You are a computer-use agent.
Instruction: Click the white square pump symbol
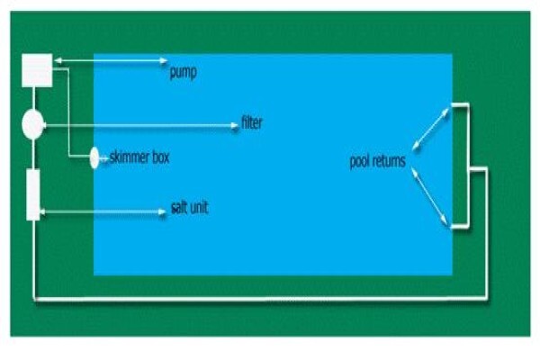pyautogui.click(x=37, y=70)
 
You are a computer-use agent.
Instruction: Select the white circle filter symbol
pyautogui.click(x=32, y=124)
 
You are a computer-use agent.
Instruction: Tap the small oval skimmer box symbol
pyautogui.click(x=94, y=157)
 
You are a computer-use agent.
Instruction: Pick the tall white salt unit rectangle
pyautogui.click(x=33, y=194)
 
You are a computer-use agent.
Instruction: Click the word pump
pyautogui.click(x=184, y=72)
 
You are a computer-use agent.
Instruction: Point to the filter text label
pyautogui.click(x=252, y=122)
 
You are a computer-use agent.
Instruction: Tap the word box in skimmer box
pyautogui.click(x=158, y=157)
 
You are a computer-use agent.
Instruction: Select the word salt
pyautogui.click(x=179, y=208)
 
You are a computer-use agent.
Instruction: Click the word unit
pyautogui.click(x=199, y=208)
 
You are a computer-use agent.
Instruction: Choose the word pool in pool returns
pyautogui.click(x=359, y=161)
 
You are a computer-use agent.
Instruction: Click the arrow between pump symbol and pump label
pyautogui.click(x=111, y=61)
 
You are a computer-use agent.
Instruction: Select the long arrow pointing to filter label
pyautogui.click(x=141, y=126)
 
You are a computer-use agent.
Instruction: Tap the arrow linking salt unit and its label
pyautogui.click(x=103, y=211)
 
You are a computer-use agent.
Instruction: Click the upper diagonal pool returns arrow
pyautogui.click(x=430, y=129)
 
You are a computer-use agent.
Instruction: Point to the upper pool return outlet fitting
pyautogui.click(x=460, y=105)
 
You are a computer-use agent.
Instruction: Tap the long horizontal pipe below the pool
pyautogui.click(x=261, y=299)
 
